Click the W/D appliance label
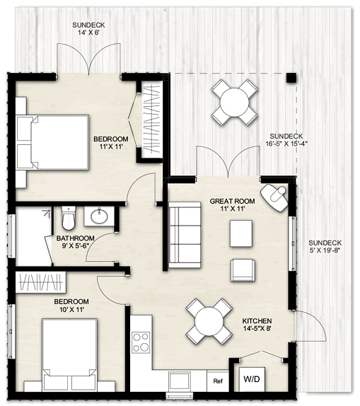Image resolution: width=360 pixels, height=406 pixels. (251, 380)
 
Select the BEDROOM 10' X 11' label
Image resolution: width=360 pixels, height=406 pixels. (70, 306)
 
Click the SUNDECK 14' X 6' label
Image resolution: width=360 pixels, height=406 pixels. (93, 29)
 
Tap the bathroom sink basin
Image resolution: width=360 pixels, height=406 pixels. (98, 215)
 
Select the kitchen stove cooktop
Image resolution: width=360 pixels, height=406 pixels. (141, 342)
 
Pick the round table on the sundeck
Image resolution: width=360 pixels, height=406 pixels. (233, 102)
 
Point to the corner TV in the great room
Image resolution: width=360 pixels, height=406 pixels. (275, 196)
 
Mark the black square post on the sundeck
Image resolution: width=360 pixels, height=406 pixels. (291, 78)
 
